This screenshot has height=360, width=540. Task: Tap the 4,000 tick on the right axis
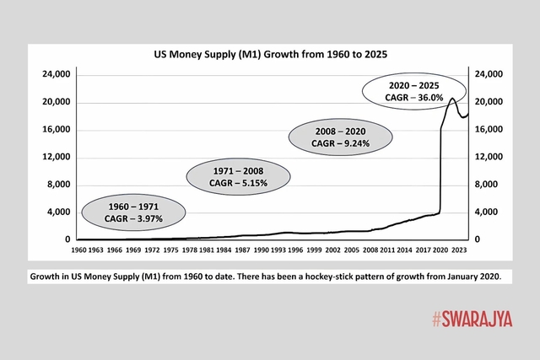pyautogui.click(x=489, y=212)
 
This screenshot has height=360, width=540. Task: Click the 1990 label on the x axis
pyautogui.click(x=257, y=250)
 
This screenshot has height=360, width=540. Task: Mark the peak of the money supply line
pyautogui.click(x=452, y=99)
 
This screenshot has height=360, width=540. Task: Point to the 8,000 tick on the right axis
pyautogui.click(x=489, y=185)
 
